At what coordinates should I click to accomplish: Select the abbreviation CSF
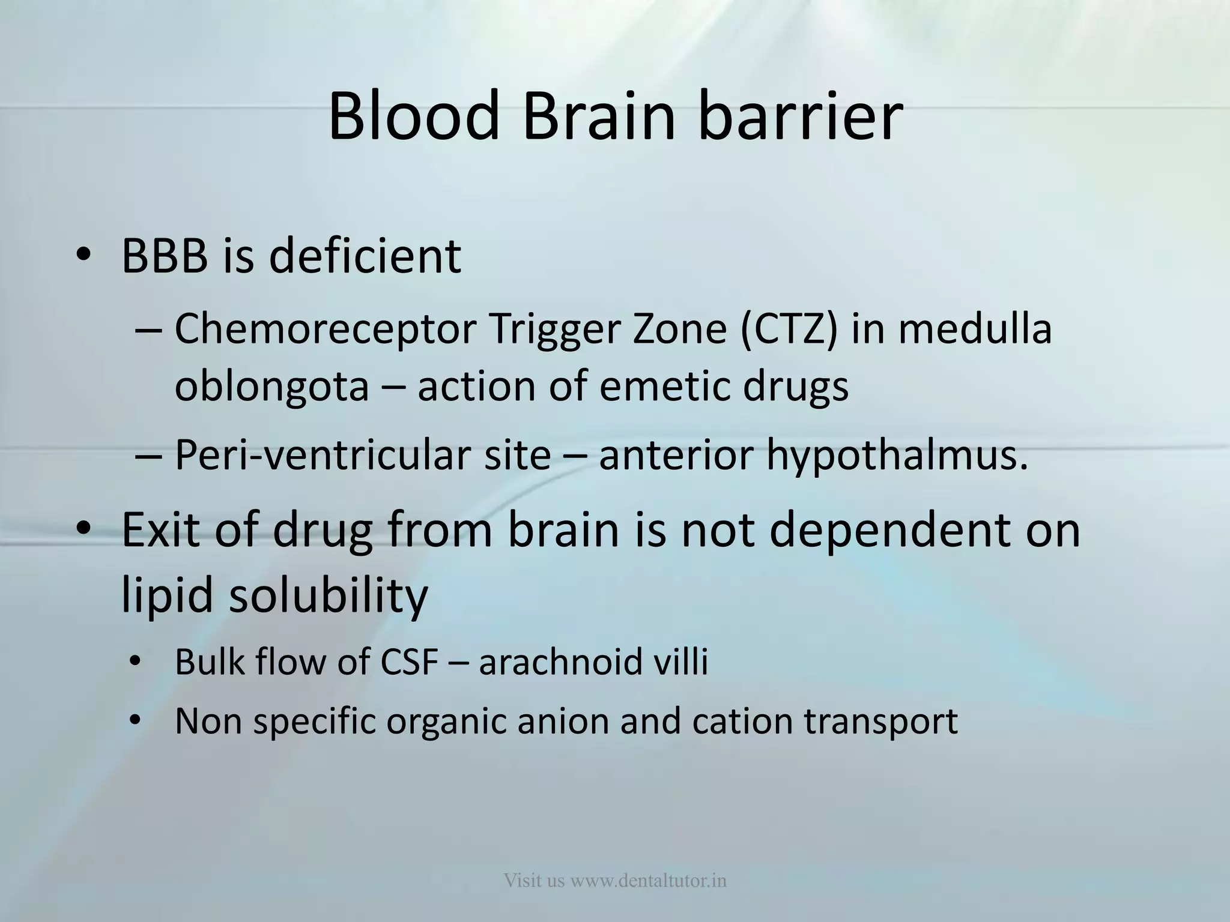click(409, 661)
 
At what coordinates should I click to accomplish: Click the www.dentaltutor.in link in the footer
click(649, 881)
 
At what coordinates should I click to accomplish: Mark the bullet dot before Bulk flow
click(135, 662)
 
